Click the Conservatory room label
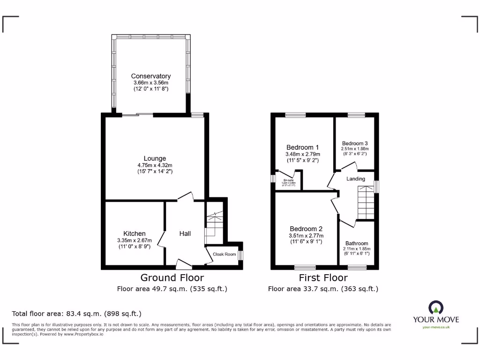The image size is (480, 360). point(150,76)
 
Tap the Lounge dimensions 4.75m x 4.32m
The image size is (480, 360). point(155,165)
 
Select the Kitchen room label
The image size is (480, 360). point(134,233)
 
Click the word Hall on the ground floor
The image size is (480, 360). point(185,233)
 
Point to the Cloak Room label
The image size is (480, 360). point(225,254)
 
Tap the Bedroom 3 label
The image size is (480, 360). point(355,143)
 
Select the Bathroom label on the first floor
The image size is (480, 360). point(357,243)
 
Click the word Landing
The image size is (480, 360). point(355,179)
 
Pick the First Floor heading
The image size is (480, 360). point(323,278)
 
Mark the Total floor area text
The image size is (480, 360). point(76,314)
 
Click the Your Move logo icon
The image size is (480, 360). point(435,308)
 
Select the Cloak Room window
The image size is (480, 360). point(240,255)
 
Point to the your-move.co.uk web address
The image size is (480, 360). point(436,327)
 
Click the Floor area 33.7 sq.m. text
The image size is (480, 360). point(323,289)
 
